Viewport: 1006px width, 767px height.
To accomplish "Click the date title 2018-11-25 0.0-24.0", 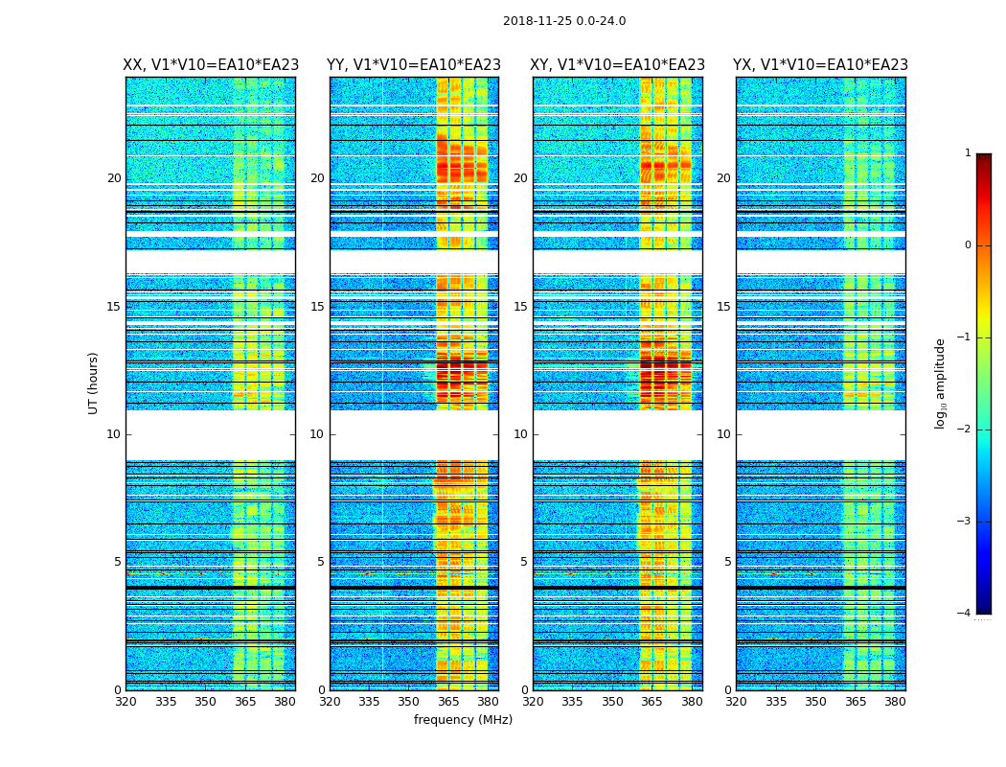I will (564, 21).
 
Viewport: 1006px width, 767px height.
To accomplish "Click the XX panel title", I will (211, 65).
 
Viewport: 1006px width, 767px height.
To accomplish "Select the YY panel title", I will (414, 65).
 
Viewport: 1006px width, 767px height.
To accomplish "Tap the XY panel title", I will (618, 65).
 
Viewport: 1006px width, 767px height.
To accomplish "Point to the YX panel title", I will (820, 65).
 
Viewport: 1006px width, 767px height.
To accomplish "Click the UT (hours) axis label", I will (94, 383).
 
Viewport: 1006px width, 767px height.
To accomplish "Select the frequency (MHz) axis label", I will (463, 720).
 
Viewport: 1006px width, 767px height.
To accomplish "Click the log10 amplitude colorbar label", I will (941, 383).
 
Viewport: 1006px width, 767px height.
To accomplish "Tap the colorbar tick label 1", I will (967, 153).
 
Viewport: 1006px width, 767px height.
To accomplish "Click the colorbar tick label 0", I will (967, 245).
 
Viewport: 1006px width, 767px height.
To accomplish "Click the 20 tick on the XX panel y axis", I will (114, 178).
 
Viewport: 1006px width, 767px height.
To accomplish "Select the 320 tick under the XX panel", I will (126, 702).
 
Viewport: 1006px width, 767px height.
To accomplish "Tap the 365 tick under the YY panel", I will (448, 702).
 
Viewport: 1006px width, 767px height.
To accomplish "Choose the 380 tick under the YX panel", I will (895, 702).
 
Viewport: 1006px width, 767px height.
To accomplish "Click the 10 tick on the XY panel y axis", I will (520, 434).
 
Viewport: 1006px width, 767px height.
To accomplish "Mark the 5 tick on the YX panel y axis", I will (727, 562).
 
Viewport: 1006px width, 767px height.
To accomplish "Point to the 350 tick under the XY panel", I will (612, 702).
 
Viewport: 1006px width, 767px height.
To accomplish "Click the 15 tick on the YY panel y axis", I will (317, 307).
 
